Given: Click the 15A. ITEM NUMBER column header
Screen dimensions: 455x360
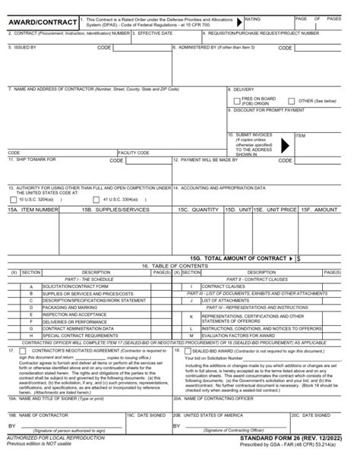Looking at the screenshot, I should (33, 208).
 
